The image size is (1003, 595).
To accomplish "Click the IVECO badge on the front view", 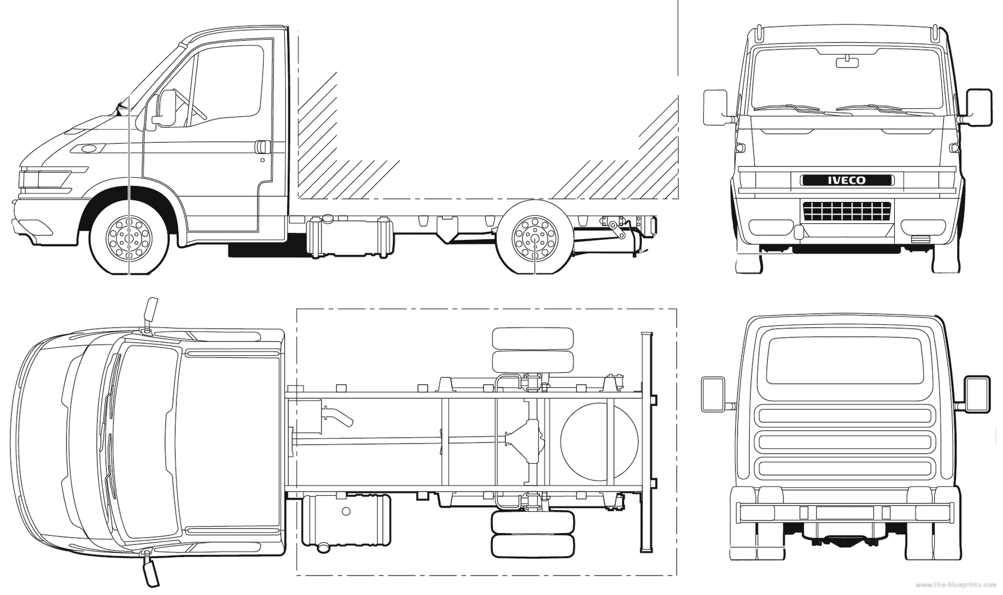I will coord(847,180).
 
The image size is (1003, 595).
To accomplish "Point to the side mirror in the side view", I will coord(167,108).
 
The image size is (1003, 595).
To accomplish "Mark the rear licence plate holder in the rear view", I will coord(845,512).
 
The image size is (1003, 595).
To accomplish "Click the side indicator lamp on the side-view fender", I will coord(89,149).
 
